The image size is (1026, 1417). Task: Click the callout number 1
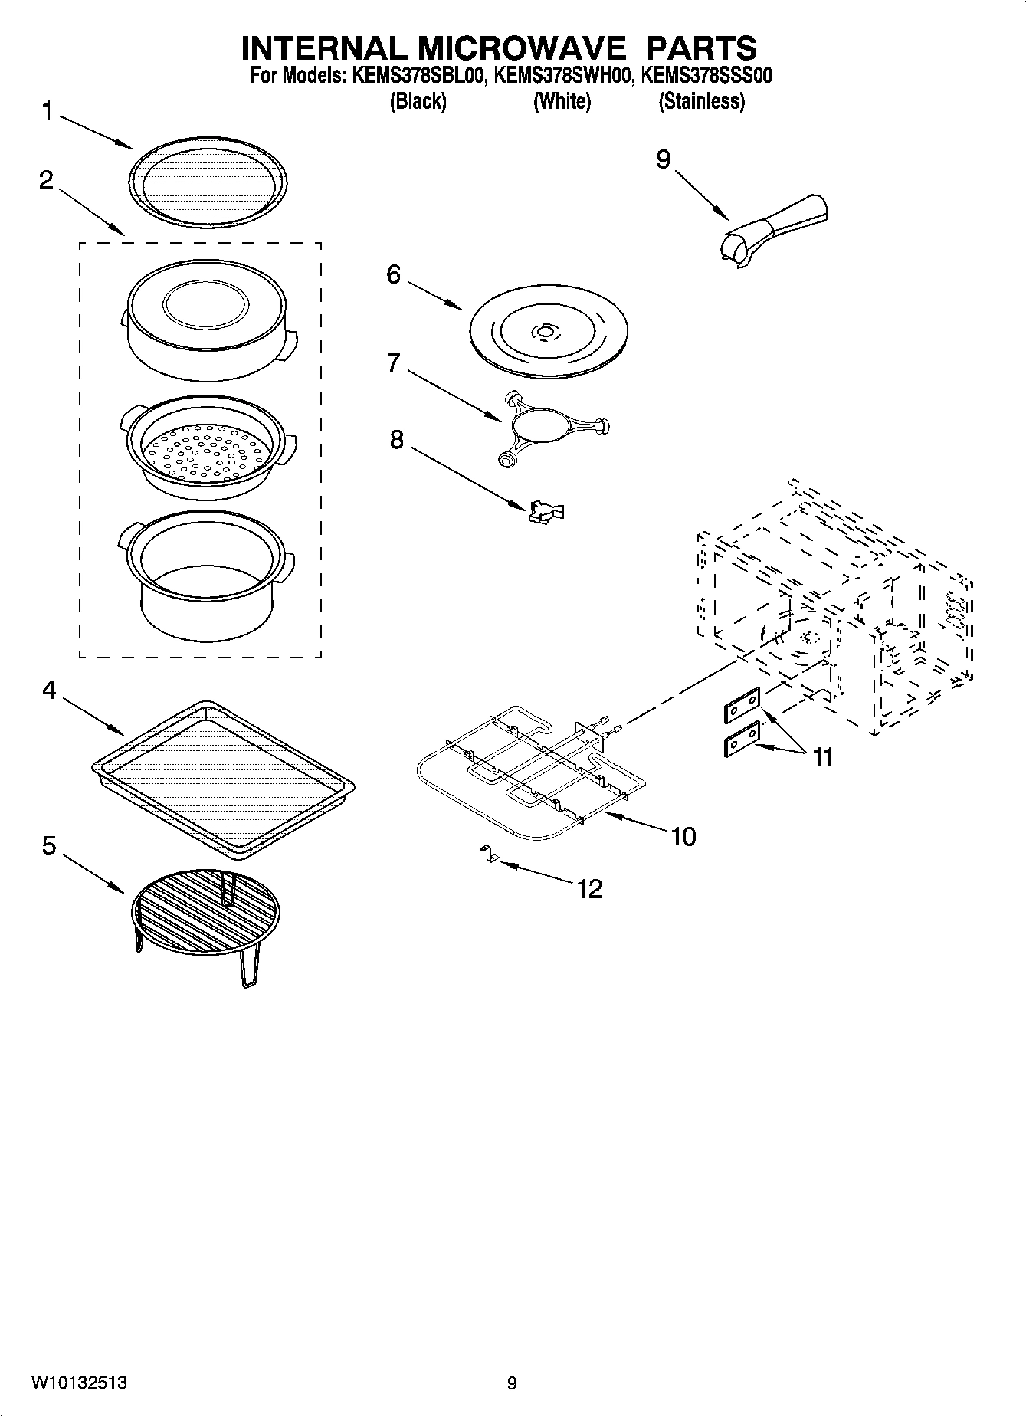coord(48,112)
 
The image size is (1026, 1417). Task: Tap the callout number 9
coord(663,159)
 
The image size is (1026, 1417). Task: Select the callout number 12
coord(590,889)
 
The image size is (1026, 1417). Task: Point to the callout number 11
coord(822,757)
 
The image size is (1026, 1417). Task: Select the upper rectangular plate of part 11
coord(741,705)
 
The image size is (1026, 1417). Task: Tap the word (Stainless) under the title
coord(701,101)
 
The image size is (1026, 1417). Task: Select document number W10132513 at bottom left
coord(79,1383)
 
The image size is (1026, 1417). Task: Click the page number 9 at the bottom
coord(512,1383)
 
